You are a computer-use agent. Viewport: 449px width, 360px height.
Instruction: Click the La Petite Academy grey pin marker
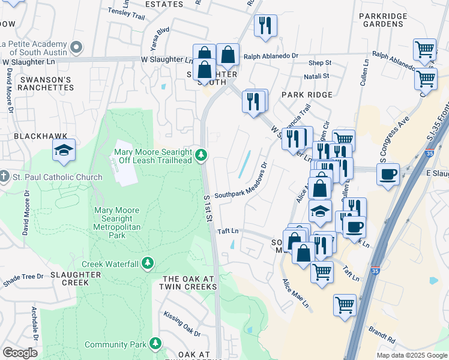click(x=76, y=46)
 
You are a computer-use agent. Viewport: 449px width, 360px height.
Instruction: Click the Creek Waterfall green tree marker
click(x=148, y=263)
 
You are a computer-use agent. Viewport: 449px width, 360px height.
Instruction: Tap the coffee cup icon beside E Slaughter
click(x=388, y=174)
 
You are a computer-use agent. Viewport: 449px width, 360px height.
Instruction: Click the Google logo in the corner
click(x=20, y=352)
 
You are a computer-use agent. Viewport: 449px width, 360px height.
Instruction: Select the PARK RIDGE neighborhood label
click(x=307, y=95)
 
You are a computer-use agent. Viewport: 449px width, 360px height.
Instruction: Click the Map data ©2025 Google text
click(x=411, y=355)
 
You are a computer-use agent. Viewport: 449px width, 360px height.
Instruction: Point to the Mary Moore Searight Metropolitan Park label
click(x=116, y=223)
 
